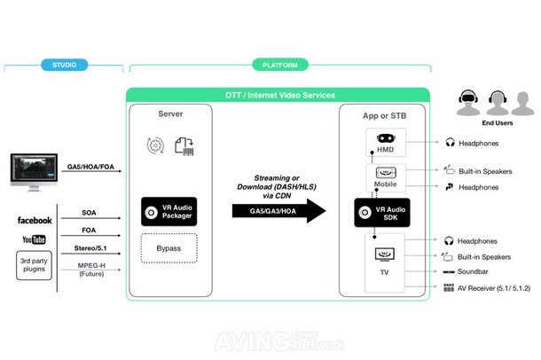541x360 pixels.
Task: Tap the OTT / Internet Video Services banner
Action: click(278, 95)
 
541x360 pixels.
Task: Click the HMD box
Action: click(384, 144)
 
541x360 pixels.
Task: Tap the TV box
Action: click(384, 258)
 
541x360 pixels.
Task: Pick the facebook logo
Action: click(35, 219)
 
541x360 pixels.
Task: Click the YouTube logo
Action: click(35, 239)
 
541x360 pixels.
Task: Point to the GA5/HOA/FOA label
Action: click(90, 167)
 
